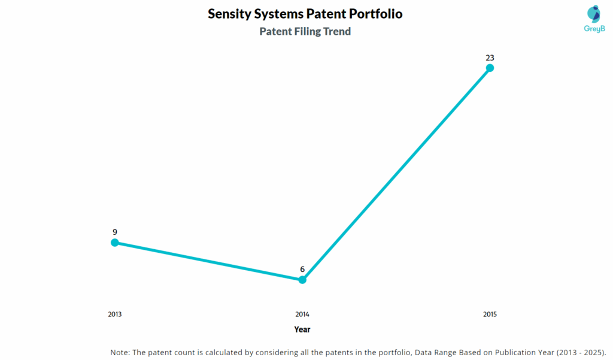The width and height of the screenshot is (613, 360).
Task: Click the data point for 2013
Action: point(114,243)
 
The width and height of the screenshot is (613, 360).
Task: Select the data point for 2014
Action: point(302,280)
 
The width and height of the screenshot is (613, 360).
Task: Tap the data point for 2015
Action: point(490,68)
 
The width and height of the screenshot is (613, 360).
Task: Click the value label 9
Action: point(114,232)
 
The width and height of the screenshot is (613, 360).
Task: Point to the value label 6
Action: point(302,270)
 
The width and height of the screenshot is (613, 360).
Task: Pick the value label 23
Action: point(490,58)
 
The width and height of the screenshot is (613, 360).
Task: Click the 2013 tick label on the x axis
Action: point(114,314)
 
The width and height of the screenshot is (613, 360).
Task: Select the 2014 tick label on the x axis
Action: point(302,314)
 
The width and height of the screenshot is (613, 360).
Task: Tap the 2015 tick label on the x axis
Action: point(490,314)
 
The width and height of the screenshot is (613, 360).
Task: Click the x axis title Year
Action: point(302,329)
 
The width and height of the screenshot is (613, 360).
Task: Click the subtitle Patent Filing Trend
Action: point(305,32)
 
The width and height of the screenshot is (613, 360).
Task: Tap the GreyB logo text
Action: point(594,29)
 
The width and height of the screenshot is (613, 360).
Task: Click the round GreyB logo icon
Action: point(594,14)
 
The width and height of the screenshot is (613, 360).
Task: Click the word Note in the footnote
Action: point(120,352)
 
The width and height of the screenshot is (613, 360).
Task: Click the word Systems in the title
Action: point(279,14)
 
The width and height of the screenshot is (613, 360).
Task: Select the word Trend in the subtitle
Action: point(336,32)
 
